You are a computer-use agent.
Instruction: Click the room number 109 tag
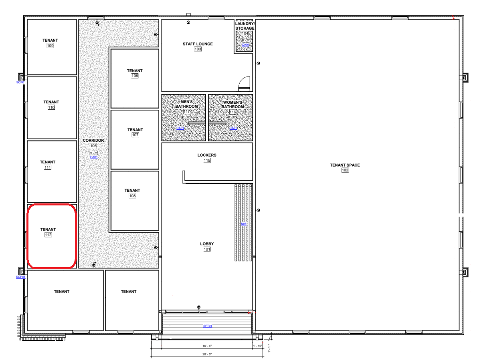click(x=51, y=46)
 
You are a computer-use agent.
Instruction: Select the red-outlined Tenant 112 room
click(x=51, y=236)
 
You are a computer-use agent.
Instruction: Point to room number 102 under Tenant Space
click(x=345, y=170)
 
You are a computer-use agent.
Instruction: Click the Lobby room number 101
click(x=207, y=249)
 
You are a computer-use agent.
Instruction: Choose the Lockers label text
click(x=207, y=155)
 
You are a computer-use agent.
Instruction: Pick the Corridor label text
click(x=93, y=141)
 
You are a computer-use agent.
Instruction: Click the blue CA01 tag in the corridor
click(x=94, y=157)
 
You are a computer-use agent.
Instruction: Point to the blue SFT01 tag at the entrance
click(x=207, y=326)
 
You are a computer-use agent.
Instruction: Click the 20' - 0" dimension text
click(x=205, y=354)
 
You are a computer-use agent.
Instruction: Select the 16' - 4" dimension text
click(x=205, y=345)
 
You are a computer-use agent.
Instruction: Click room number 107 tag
click(x=135, y=135)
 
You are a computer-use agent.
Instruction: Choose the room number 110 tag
click(x=51, y=107)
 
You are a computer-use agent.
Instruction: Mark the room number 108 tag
click(x=132, y=196)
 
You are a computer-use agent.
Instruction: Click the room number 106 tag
click(x=135, y=76)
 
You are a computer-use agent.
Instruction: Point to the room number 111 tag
click(x=48, y=167)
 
